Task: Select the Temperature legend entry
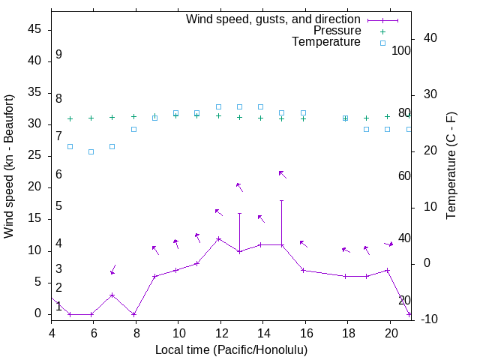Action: coord(326,42)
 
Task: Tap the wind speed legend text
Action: coord(273,19)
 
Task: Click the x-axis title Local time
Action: coord(231,349)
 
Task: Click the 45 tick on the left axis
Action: coord(34,29)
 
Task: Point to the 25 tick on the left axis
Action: coord(34,156)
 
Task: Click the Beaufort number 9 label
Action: coord(58,55)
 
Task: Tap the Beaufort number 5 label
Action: coord(58,206)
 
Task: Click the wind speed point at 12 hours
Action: coord(218,238)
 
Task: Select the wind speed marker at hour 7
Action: coord(112,295)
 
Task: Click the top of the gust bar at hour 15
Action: coord(282,200)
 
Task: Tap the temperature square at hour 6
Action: coord(91,151)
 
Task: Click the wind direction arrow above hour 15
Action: coord(282,174)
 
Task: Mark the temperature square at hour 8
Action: coord(133,129)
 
